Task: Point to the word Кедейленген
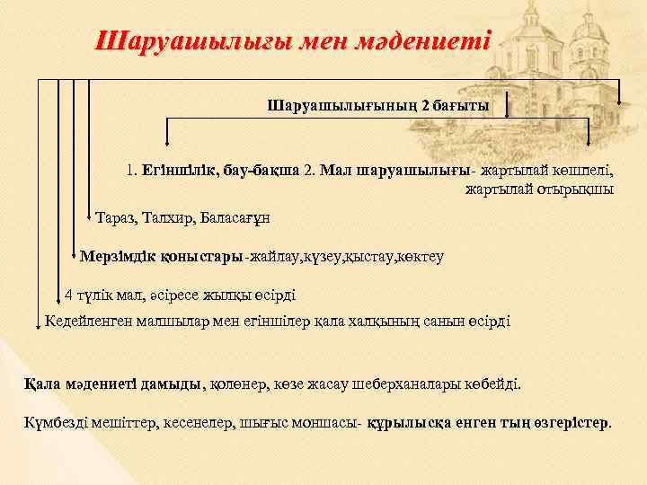89,321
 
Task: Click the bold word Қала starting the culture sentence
42,384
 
